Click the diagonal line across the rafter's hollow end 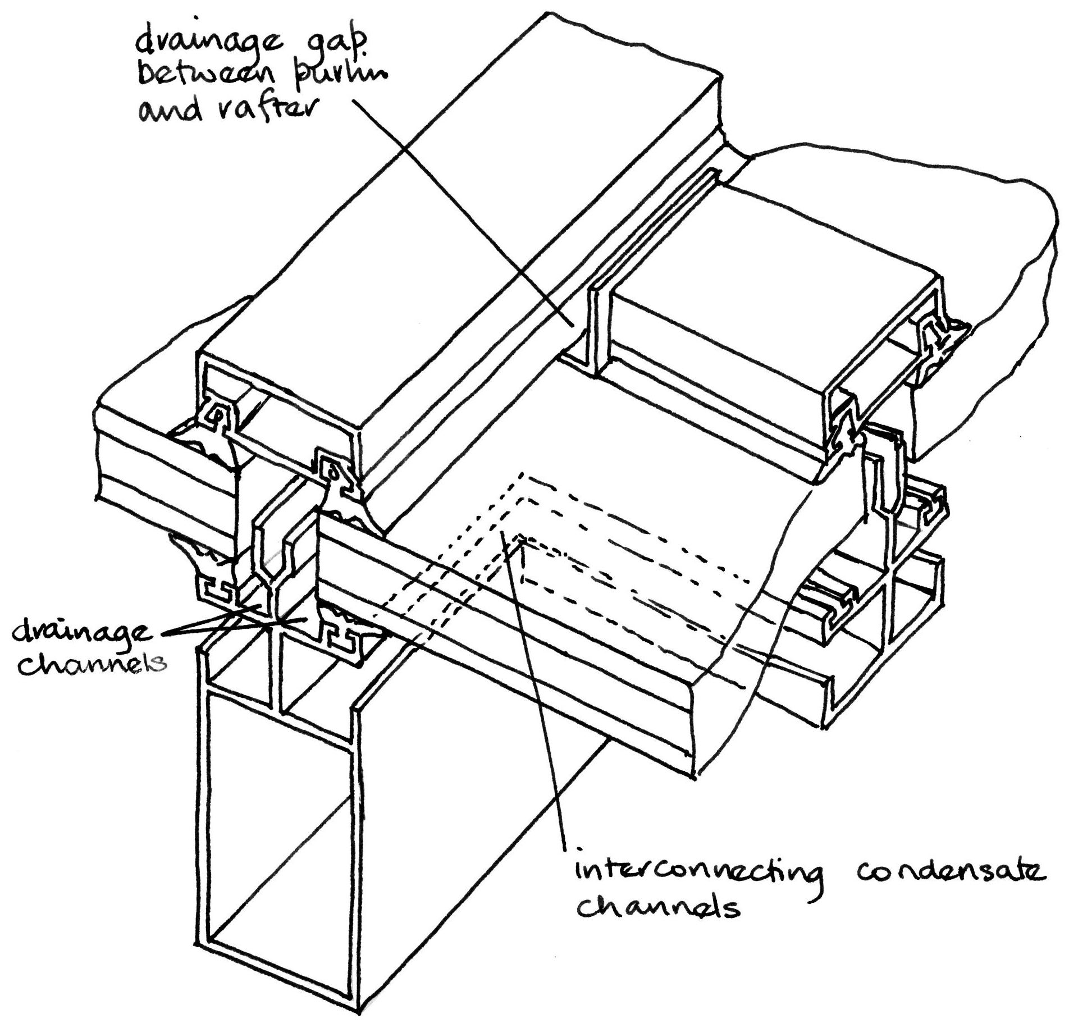click(x=281, y=870)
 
